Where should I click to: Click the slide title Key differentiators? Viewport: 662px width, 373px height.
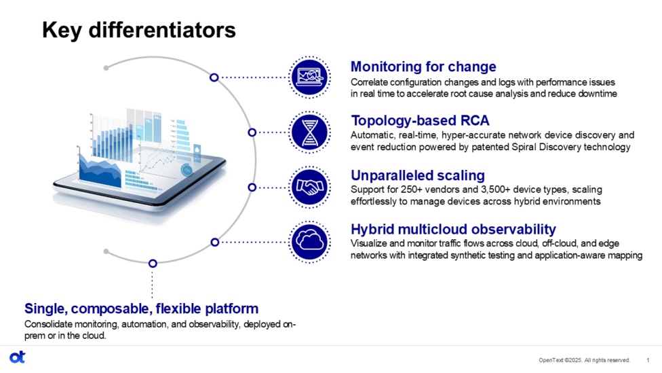(139, 31)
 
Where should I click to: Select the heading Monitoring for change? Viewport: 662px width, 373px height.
(423, 67)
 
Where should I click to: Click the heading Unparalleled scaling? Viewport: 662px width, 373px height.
(417, 175)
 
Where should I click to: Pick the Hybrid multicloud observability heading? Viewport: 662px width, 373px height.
(452, 229)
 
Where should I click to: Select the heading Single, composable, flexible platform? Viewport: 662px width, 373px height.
(141, 308)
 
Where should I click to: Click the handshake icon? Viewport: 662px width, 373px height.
(310, 187)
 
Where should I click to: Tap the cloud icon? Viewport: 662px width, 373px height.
(310, 241)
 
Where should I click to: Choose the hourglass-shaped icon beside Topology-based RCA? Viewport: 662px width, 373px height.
(310, 132)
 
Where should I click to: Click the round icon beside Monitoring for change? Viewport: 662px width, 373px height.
(310, 77)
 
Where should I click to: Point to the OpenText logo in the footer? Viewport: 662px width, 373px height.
(17, 357)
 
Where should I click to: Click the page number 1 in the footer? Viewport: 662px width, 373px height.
(648, 360)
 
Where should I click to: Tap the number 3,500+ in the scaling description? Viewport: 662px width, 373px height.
(497, 190)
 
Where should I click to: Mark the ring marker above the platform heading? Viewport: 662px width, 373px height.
(153, 263)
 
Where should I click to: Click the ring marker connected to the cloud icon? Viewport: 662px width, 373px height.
(214, 241)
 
